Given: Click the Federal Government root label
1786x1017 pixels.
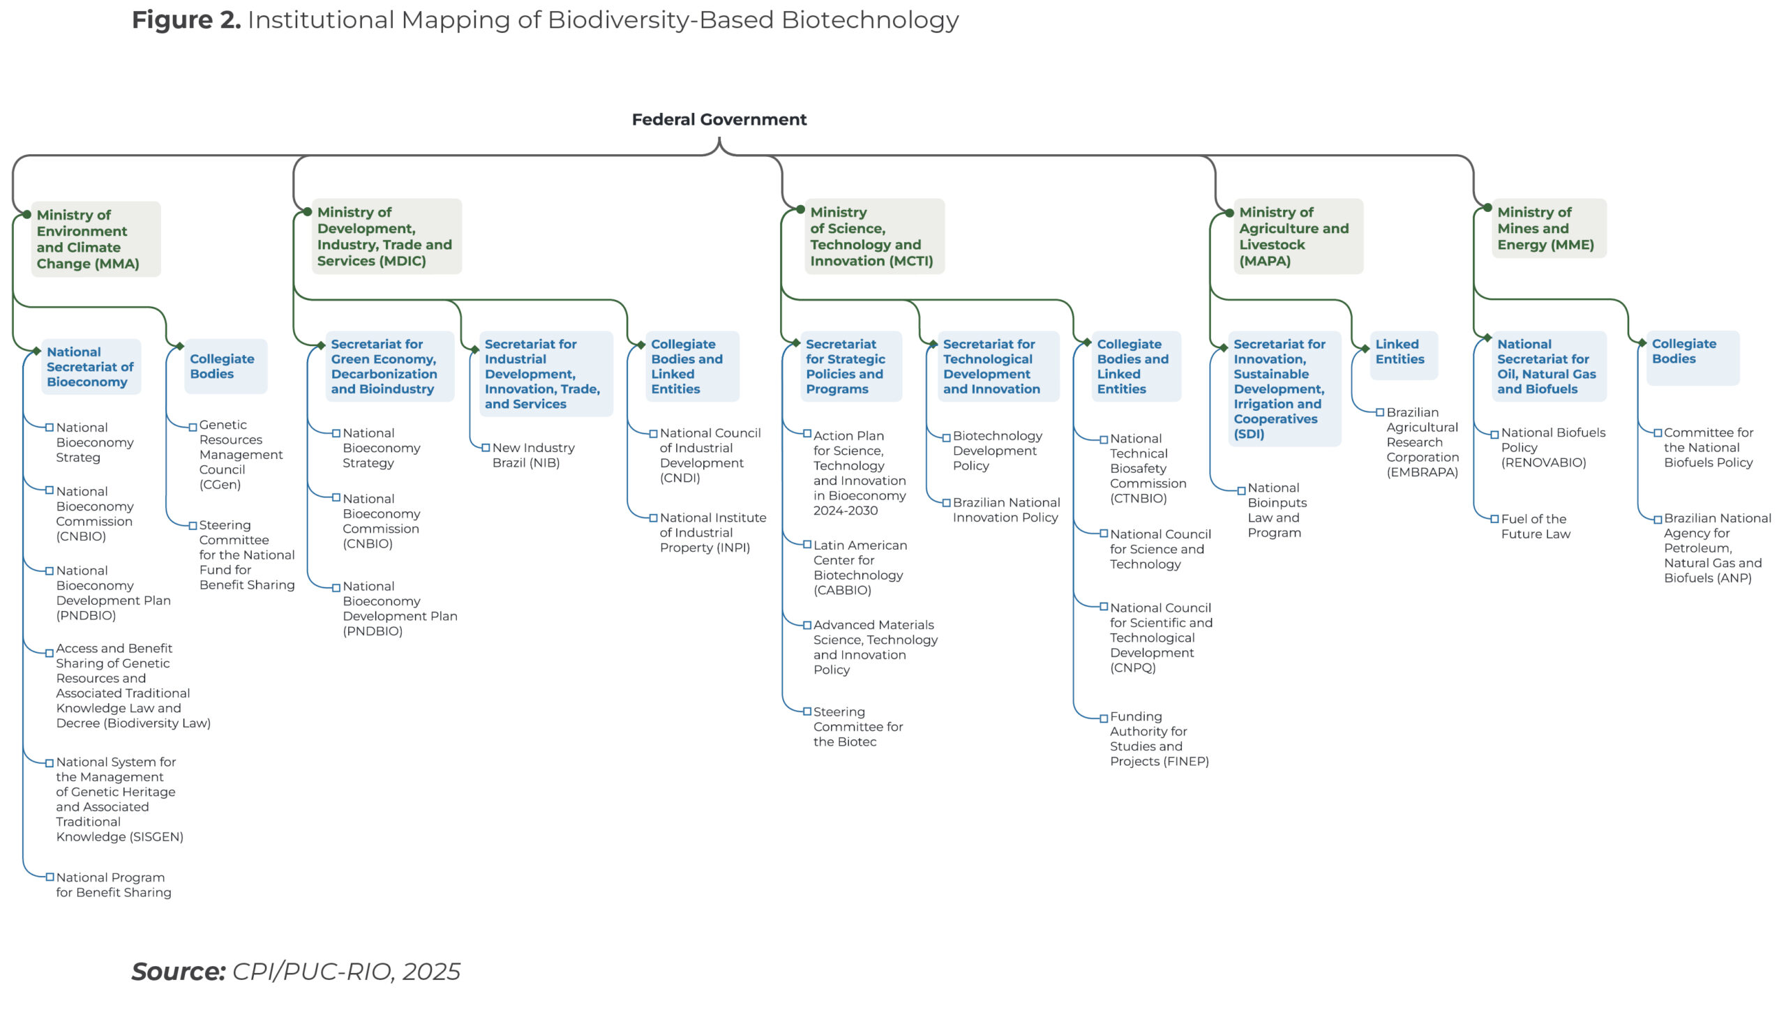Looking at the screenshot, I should click(x=719, y=119).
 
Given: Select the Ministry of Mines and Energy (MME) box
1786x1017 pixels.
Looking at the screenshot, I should click(x=1548, y=228).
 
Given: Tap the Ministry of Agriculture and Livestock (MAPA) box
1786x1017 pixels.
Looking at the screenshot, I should click(x=1297, y=236).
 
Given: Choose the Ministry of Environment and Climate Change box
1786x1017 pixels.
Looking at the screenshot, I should click(x=95, y=239).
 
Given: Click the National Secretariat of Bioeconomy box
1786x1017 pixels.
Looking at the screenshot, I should click(x=90, y=367).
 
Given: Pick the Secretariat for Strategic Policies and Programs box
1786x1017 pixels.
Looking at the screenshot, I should click(x=849, y=367).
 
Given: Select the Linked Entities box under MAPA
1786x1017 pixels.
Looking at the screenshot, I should click(x=1402, y=353).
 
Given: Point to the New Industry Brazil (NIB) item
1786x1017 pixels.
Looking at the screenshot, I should click(x=533, y=455).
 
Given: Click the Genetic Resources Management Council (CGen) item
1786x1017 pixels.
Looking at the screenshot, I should click(x=240, y=455).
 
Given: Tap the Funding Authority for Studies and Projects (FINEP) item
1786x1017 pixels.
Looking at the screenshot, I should click(x=1158, y=739).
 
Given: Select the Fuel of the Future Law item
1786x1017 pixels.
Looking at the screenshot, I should click(x=1536, y=527).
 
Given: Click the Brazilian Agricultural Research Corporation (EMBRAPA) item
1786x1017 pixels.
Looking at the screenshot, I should click(x=1422, y=442).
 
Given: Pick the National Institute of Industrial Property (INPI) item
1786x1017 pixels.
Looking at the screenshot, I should click(x=712, y=533).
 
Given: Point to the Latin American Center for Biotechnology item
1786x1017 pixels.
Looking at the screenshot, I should click(x=859, y=568).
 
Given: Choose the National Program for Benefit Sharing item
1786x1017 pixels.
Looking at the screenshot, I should click(x=113, y=885).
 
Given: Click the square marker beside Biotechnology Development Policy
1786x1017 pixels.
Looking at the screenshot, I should click(x=947, y=438).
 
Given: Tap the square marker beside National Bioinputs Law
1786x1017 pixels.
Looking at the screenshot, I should click(x=1241, y=490).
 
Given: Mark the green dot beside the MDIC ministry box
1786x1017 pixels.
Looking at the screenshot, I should click(x=308, y=211).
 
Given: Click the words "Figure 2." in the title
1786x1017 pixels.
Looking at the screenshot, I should click(x=186, y=20).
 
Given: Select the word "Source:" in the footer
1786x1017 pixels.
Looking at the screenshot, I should click(x=178, y=972).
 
